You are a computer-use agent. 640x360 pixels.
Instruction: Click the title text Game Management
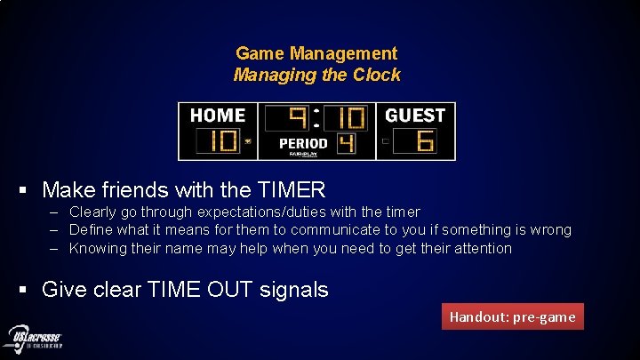tap(316, 54)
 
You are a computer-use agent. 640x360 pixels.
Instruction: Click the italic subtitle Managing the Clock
tap(316, 76)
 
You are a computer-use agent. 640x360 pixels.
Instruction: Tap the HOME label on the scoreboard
tap(217, 116)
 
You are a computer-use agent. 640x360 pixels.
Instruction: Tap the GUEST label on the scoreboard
tap(415, 116)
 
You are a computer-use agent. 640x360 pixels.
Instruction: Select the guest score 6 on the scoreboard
tap(424, 140)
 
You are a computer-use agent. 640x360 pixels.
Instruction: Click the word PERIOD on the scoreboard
tap(303, 143)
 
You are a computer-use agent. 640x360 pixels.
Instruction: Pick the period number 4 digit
tap(346, 143)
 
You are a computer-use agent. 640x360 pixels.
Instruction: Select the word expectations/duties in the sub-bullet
tap(263, 212)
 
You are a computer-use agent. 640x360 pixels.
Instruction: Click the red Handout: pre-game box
tap(512, 316)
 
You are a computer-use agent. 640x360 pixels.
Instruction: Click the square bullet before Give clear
tap(28, 290)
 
